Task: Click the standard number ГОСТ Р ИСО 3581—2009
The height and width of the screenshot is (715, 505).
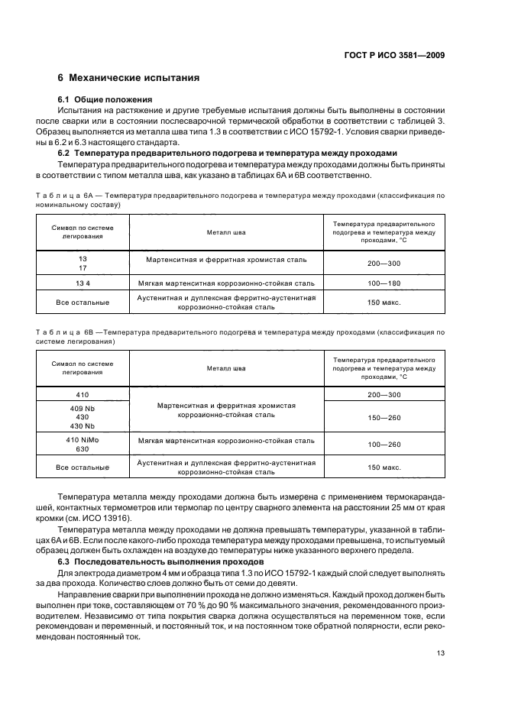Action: pyautogui.click(x=394, y=55)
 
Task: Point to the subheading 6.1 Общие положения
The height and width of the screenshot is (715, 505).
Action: pyautogui.click(x=105, y=99)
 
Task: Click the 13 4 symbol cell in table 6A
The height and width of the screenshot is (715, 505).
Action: pyautogui.click(x=83, y=283)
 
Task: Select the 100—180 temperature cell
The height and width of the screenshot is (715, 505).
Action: pyautogui.click(x=384, y=283)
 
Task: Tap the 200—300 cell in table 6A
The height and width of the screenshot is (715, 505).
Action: pyautogui.click(x=384, y=263)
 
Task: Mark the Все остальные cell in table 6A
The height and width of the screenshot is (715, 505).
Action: pyautogui.click(x=83, y=302)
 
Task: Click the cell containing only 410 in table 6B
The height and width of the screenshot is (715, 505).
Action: pyautogui.click(x=83, y=394)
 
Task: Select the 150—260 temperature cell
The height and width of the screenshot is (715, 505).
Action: pyautogui.click(x=384, y=417)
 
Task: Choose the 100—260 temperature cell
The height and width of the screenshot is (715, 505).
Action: pyautogui.click(x=384, y=444)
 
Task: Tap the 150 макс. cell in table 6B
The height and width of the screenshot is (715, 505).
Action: pyautogui.click(x=384, y=467)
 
